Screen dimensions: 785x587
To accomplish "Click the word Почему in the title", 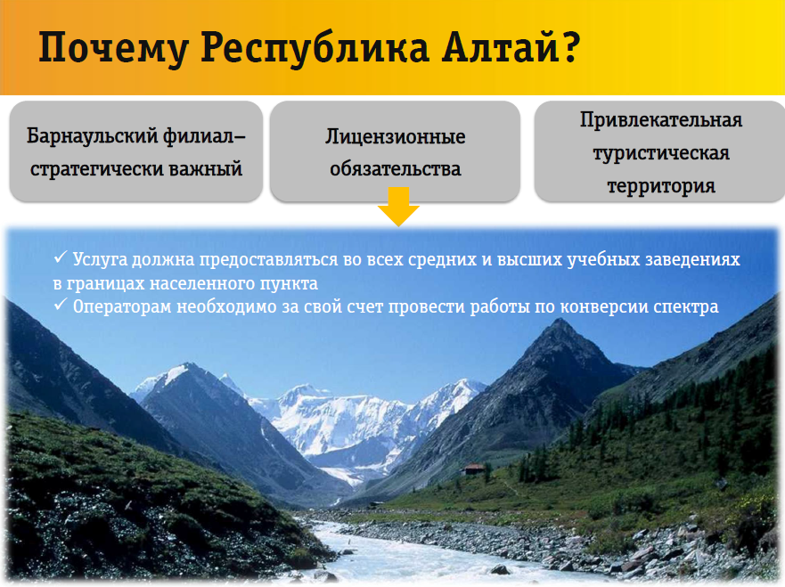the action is [x=114, y=49].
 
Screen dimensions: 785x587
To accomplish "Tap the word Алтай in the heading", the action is [x=501, y=46].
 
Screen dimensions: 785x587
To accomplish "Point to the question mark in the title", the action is [x=570, y=46].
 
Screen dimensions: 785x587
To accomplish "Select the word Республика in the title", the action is [x=315, y=49].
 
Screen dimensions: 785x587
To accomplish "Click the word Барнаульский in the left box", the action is [x=92, y=136].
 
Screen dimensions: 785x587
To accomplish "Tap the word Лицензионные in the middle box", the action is [x=395, y=136].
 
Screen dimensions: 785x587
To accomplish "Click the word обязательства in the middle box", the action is [x=395, y=169].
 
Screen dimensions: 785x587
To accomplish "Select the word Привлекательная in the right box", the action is [x=661, y=120].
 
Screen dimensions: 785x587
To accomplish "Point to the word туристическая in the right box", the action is [x=661, y=153].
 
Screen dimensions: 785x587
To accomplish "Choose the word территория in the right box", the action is [x=661, y=186].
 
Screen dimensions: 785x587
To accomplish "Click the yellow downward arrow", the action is [x=398, y=207].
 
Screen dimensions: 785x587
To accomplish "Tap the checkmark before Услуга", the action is [x=61, y=257].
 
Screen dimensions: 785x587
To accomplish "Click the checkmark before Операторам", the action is [x=61, y=305].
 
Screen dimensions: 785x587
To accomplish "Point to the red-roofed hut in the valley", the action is [x=474, y=469].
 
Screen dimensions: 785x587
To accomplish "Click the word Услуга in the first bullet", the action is [x=100, y=260].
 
